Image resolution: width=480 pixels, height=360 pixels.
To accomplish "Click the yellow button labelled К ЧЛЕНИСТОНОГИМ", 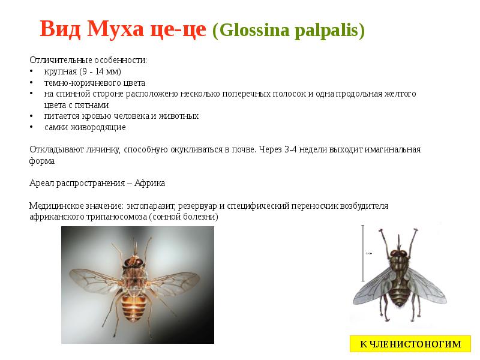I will click(410, 344).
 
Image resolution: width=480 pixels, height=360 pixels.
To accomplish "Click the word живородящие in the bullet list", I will click(85, 127).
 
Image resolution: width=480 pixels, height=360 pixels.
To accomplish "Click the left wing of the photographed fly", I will click(97, 280).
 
